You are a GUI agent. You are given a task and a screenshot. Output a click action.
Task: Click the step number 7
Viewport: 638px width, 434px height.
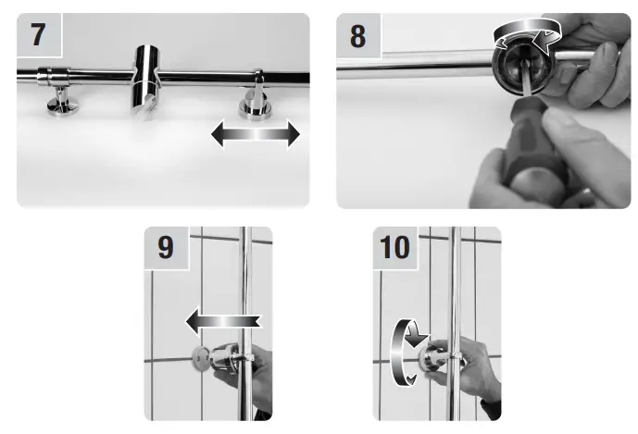[38, 34]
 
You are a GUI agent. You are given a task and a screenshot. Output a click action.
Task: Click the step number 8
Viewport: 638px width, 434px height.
[357, 36]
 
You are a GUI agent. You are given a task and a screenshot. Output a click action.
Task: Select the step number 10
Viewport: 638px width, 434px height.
[394, 247]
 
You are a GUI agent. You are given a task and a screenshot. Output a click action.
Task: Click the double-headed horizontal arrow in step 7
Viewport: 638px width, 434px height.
[256, 133]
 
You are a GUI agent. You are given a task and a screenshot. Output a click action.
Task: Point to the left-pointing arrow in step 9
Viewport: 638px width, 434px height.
[223, 321]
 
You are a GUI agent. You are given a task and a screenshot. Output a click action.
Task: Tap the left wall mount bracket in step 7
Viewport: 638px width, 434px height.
[60, 91]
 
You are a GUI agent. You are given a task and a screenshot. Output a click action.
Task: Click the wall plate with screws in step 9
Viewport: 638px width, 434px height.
[202, 358]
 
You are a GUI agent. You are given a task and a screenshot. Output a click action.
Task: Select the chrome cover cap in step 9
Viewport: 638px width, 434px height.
[224, 358]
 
